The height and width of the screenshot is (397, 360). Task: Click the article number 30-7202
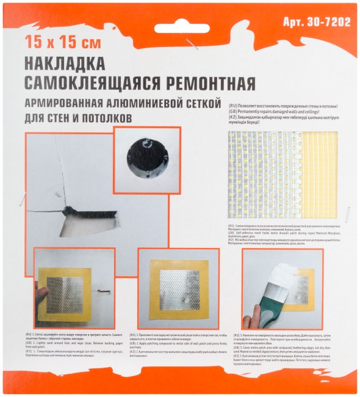[x=317, y=23]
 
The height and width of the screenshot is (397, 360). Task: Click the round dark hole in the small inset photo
[x=146, y=156]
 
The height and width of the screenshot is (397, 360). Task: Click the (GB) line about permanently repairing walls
[x=281, y=111]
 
